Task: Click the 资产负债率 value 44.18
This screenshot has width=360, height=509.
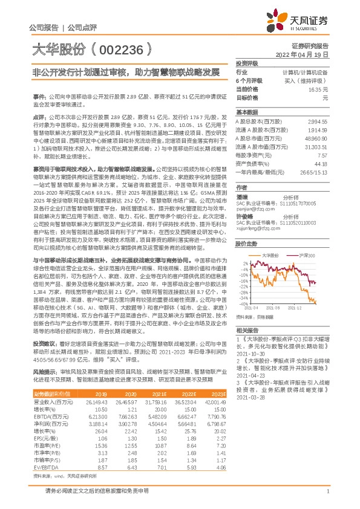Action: pyautogui.click(x=319, y=163)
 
